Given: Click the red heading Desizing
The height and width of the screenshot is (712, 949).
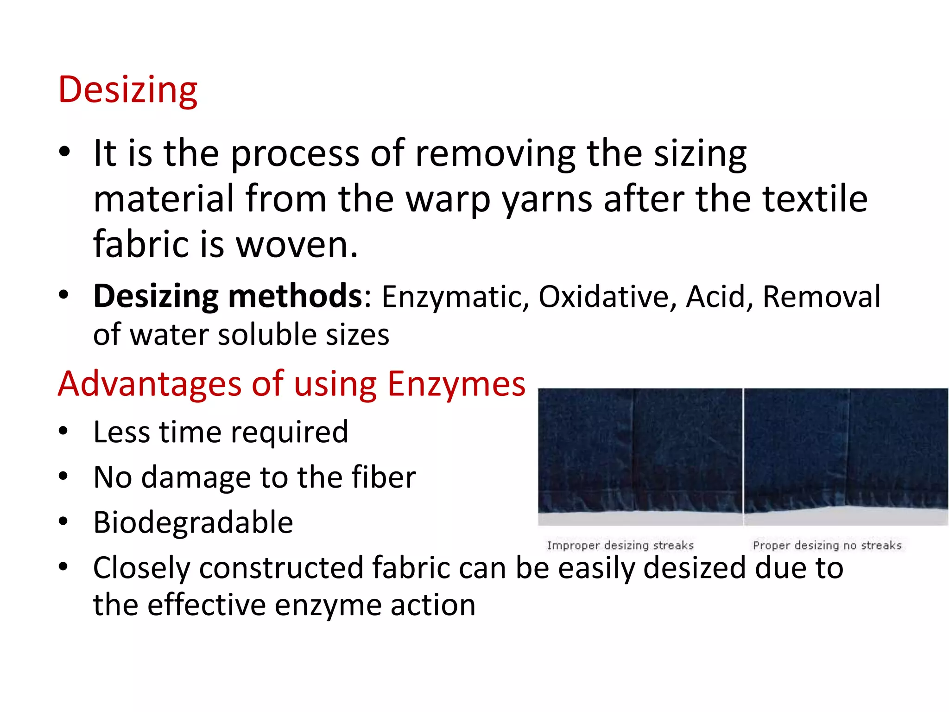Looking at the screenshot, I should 127,90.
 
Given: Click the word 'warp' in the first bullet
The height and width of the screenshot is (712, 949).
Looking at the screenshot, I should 448,199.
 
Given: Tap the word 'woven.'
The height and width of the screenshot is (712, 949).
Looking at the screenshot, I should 297,244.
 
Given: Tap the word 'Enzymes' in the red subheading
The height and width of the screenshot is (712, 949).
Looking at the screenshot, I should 456,384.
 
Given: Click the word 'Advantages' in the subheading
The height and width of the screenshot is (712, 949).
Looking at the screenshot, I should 150,384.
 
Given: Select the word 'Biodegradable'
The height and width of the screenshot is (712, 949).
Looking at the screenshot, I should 193,522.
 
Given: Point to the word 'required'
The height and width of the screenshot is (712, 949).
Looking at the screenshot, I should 290,432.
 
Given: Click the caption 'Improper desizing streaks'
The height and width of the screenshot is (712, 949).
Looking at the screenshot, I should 620,546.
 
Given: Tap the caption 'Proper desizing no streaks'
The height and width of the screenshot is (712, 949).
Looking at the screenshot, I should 827,546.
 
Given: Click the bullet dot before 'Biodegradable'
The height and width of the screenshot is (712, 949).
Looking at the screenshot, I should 63,521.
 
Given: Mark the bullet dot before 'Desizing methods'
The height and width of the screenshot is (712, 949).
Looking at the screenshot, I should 63,295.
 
